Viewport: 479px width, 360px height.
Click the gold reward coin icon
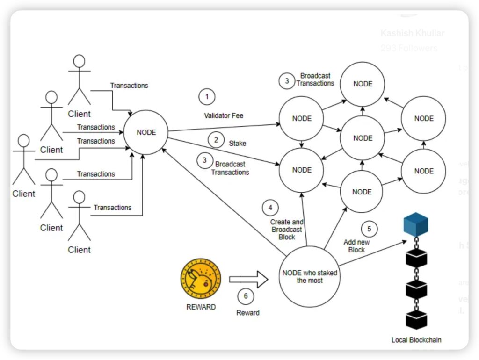tap(201, 280)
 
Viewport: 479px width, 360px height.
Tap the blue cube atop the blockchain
tap(416, 223)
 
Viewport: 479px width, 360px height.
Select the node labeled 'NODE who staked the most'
tap(310, 276)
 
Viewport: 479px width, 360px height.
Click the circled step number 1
tap(207, 97)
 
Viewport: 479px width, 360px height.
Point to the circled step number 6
tap(246, 296)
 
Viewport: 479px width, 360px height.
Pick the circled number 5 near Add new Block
tap(369, 229)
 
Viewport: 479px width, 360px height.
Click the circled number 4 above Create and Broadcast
tap(270, 207)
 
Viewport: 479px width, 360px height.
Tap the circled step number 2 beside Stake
tap(216, 139)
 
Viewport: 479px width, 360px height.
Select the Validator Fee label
tap(224, 115)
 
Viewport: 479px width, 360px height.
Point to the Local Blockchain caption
tap(416, 340)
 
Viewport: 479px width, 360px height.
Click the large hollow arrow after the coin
tap(248, 280)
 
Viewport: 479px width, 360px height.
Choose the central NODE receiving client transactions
tap(146, 132)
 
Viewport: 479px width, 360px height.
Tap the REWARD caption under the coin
tap(201, 307)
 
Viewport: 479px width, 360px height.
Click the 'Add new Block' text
tap(356, 246)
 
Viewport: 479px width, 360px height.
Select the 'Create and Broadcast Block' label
tap(287, 230)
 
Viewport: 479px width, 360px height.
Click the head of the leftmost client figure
tap(23, 141)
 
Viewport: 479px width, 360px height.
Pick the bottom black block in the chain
tap(416, 320)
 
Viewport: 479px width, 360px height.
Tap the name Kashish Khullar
tap(412, 33)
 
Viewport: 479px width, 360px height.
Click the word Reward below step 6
tap(247, 313)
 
